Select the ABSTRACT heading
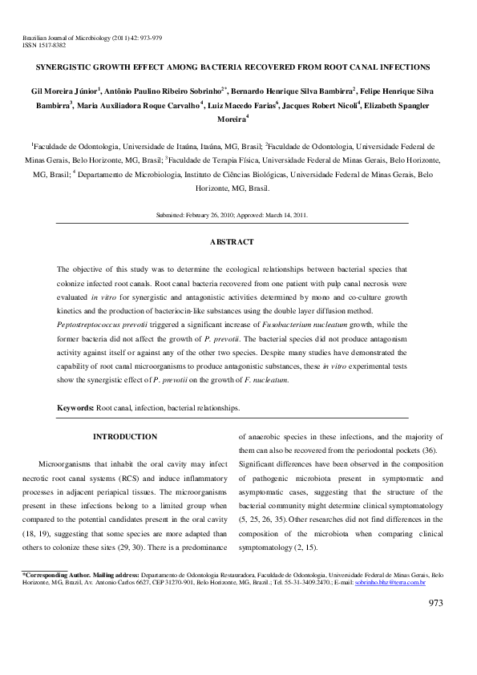232,241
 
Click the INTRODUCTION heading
125,437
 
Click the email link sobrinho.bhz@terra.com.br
402,582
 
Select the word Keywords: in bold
75,408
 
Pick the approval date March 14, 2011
284,215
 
